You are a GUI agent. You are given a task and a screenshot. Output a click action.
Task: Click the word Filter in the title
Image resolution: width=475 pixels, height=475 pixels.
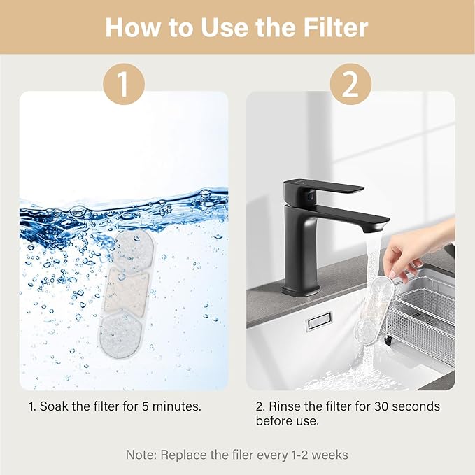coord(336,28)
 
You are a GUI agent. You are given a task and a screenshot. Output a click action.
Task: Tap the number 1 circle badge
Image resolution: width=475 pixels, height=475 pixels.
coord(124,84)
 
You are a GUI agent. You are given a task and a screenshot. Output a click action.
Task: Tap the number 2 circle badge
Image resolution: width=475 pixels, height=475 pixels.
coord(350,84)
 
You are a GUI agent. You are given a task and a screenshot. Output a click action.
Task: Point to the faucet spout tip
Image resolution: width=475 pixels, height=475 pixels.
coord(377,227)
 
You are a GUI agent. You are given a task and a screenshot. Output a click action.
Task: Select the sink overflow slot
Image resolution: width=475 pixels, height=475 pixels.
coord(318,321)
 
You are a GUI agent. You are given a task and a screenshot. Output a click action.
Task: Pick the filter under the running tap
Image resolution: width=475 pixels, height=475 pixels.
coord(374,311)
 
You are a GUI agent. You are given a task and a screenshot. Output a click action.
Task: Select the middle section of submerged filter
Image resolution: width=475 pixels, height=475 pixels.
coord(127,292)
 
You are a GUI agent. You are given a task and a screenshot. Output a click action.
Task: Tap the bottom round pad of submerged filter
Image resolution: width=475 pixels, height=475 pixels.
coord(120,335)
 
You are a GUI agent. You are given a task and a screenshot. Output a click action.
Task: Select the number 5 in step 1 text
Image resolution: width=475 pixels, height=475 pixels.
coord(145,406)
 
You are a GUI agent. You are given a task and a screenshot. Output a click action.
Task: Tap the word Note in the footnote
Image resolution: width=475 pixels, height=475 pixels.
coord(139,455)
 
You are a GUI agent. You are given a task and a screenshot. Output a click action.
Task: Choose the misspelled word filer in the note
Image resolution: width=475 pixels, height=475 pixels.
coord(244,455)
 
